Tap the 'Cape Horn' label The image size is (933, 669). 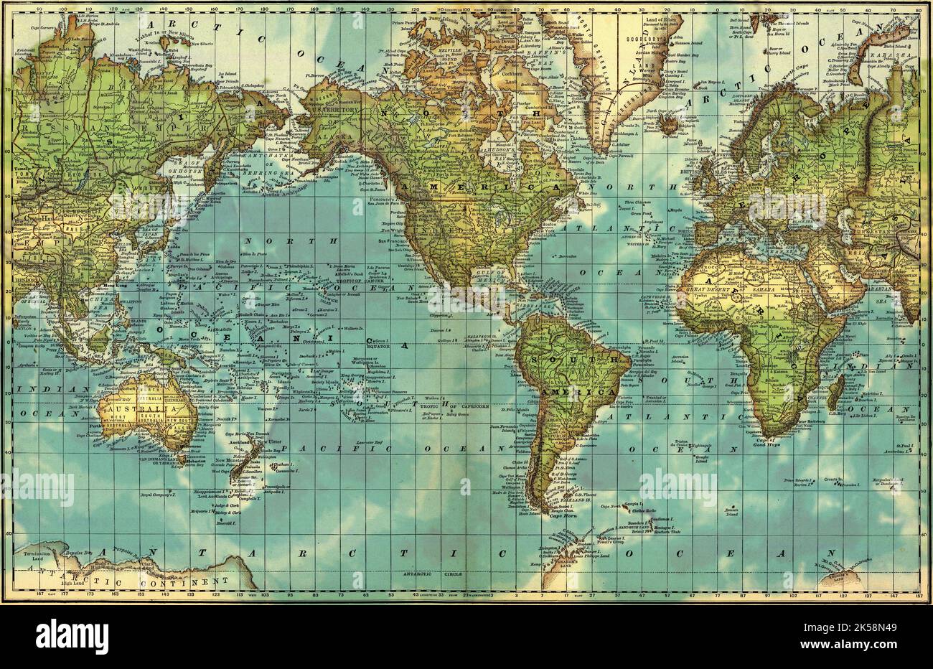click(564, 514)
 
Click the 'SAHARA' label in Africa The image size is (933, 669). click(754, 285)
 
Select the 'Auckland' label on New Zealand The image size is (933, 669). click(240, 443)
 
